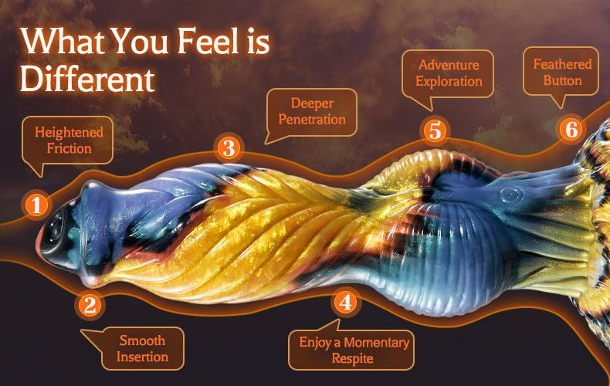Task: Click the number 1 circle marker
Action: pyautogui.click(x=36, y=205)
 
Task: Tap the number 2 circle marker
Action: pyautogui.click(x=90, y=305)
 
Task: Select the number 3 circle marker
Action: pyautogui.click(x=229, y=148)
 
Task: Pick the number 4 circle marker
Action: pyautogui.click(x=346, y=302)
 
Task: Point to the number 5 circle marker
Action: pyautogui.click(x=435, y=130)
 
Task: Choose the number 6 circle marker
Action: pyautogui.click(x=571, y=129)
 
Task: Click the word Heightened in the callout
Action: pyautogui.click(x=69, y=133)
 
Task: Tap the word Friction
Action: pyautogui.click(x=69, y=148)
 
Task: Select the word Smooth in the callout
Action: pyautogui.click(x=142, y=340)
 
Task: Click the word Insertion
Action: pyautogui.click(x=142, y=357)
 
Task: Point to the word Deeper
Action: pyautogui.click(x=312, y=104)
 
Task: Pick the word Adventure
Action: pyautogui.click(x=449, y=65)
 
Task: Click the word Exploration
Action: pyautogui.click(x=449, y=81)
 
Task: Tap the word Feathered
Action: pyautogui.click(x=562, y=64)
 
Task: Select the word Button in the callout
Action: pyautogui.click(x=563, y=80)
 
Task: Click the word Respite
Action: pyautogui.click(x=352, y=359)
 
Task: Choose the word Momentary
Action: pyautogui.click(x=376, y=343)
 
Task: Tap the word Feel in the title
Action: pyautogui.click(x=208, y=40)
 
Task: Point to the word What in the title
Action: pyautogui.click(x=63, y=40)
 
